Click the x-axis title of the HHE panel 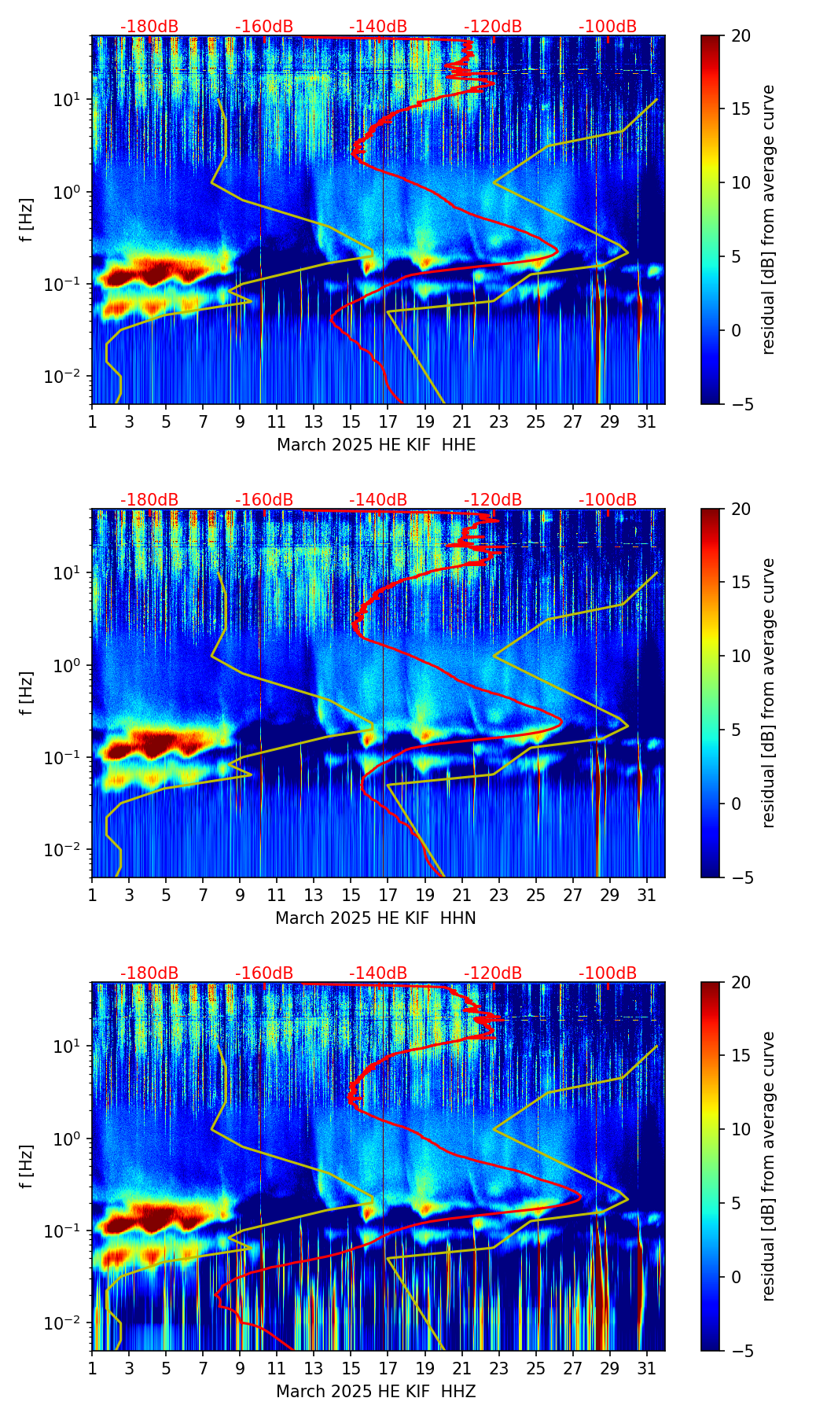(376, 445)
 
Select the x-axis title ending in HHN (376, 918)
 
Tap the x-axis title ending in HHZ (376, 1392)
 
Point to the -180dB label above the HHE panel (149, 27)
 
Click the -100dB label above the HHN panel (608, 500)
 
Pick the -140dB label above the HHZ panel (378, 973)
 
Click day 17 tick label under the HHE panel (388, 421)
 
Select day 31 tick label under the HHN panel (646, 895)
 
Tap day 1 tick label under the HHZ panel (92, 1368)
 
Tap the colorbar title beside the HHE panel (768, 219)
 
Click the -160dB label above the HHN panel (264, 500)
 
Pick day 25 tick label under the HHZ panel (535, 1368)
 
